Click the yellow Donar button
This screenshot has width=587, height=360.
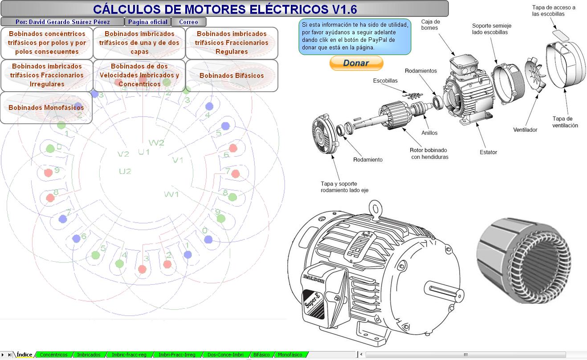[356, 63]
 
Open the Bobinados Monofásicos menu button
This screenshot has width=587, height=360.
[46, 108]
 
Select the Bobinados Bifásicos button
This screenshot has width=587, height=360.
[232, 76]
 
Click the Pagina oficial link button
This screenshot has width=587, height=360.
[147, 22]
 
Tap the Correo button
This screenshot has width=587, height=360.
[188, 22]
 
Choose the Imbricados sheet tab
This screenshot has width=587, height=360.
[89, 355]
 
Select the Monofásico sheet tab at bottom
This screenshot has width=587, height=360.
[289, 355]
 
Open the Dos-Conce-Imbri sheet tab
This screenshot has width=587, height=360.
[225, 355]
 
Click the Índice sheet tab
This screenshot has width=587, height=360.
[24, 355]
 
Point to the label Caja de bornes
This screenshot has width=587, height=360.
[430, 24]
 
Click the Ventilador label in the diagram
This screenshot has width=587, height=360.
[525, 130]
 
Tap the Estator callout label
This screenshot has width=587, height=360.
[488, 152]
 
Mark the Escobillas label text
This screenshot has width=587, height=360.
[385, 81]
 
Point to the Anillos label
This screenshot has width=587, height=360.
[429, 133]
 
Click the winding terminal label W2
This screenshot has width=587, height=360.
[156, 143]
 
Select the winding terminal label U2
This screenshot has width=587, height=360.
[125, 171]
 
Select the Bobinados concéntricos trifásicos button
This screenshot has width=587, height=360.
[47, 43]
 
